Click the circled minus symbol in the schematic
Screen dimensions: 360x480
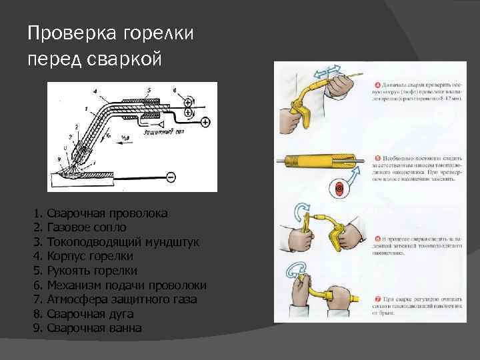click(x=171, y=177)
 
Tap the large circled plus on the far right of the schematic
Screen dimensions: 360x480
click(x=205, y=122)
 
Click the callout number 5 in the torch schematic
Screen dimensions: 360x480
click(x=149, y=89)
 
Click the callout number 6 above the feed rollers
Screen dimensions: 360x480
click(x=175, y=89)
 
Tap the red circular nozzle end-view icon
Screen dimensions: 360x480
click(x=339, y=189)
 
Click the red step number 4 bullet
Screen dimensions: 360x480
click(x=377, y=86)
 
